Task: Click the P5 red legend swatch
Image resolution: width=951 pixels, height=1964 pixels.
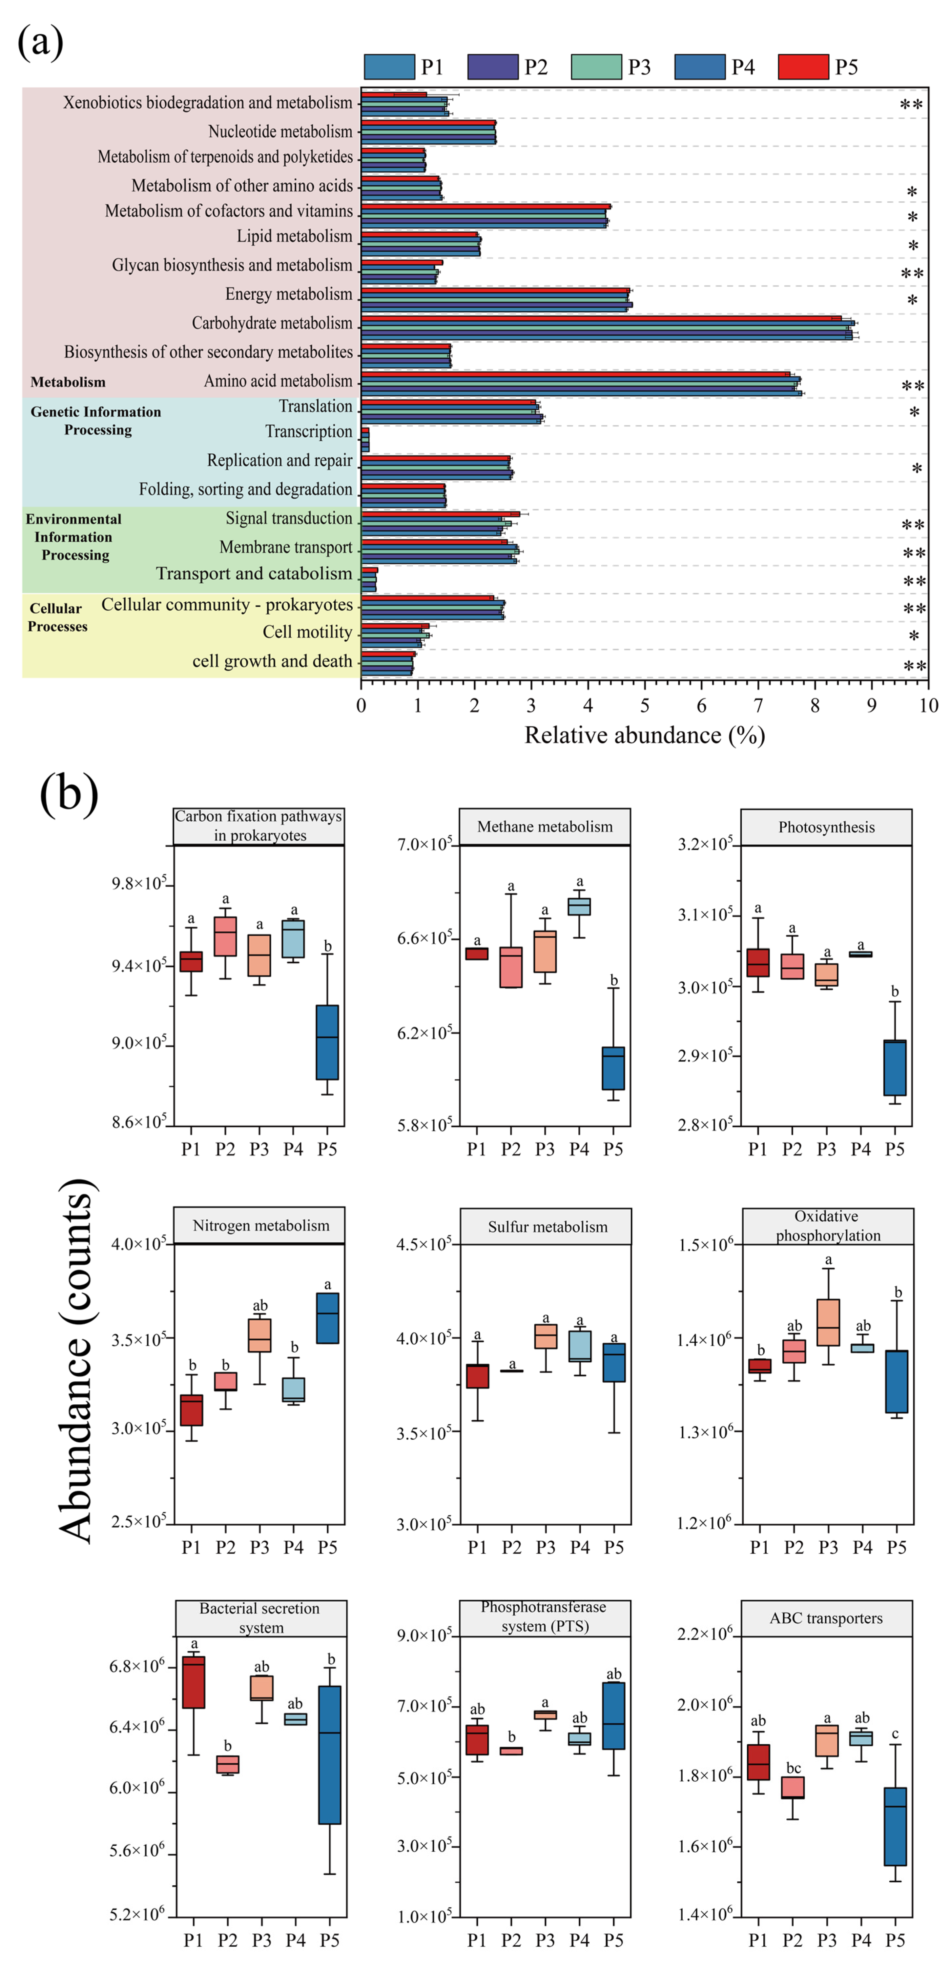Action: tap(802, 67)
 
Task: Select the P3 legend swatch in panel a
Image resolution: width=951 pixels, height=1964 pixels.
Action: tap(596, 67)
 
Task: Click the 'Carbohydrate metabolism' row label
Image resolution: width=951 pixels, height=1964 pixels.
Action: tap(272, 323)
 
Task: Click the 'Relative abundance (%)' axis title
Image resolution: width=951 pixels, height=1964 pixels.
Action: tap(644, 735)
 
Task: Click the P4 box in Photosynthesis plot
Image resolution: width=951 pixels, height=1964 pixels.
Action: tap(860, 954)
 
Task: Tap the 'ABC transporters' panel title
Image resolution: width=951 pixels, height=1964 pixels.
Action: tap(826, 1618)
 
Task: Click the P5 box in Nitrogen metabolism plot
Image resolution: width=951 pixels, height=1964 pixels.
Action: tap(327, 1317)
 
